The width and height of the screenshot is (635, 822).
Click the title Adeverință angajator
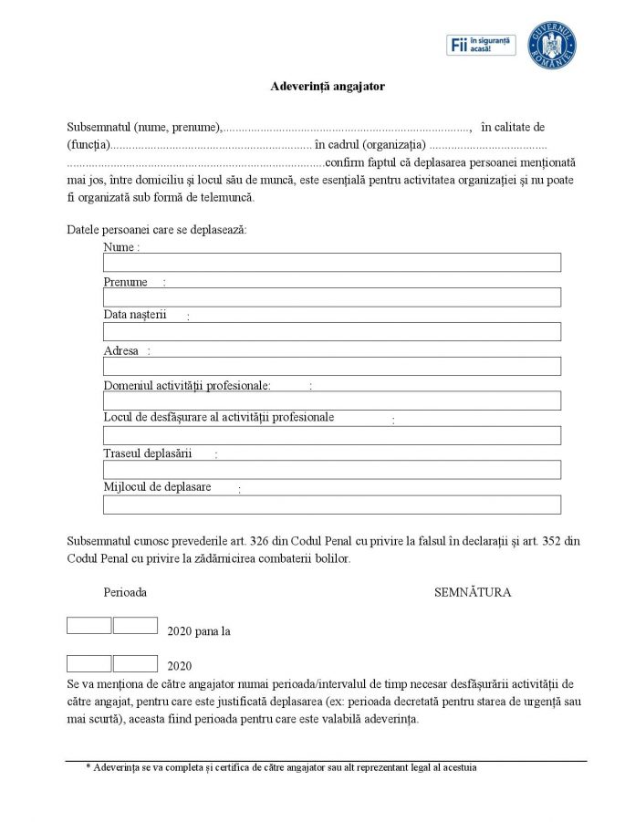click(x=328, y=87)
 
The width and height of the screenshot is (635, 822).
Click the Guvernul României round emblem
click(x=552, y=45)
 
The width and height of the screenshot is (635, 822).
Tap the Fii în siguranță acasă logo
click(x=481, y=46)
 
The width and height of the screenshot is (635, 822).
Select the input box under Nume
click(x=331, y=263)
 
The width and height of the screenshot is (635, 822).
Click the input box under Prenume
click(x=331, y=297)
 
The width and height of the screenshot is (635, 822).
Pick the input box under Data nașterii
click(x=331, y=332)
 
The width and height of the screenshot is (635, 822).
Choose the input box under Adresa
click(x=331, y=367)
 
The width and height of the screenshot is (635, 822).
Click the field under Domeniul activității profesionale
click(x=331, y=401)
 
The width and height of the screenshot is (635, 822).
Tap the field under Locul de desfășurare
click(x=331, y=435)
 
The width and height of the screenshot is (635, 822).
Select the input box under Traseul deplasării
click(x=331, y=470)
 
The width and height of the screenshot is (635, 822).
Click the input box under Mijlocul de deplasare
click(x=331, y=505)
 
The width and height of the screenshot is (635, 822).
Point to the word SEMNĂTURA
click(x=473, y=593)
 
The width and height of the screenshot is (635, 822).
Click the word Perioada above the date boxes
click(x=125, y=593)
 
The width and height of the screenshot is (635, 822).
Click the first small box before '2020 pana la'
click(x=88, y=626)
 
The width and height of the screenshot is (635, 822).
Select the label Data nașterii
click(x=135, y=315)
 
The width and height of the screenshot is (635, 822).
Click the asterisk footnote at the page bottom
click(x=281, y=768)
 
